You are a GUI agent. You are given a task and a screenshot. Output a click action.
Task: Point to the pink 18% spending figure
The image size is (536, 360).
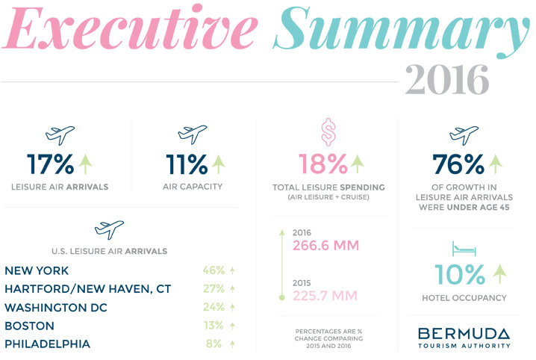322,164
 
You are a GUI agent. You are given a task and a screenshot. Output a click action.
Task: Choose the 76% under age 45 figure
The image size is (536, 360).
457,164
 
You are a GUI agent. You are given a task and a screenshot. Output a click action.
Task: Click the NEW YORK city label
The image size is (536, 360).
37,271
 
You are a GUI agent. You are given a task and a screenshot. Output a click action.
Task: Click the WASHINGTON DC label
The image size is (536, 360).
56,308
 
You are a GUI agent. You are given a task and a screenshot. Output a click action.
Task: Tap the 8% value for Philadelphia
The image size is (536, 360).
216,344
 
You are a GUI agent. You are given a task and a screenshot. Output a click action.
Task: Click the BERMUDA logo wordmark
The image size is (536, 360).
464,332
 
